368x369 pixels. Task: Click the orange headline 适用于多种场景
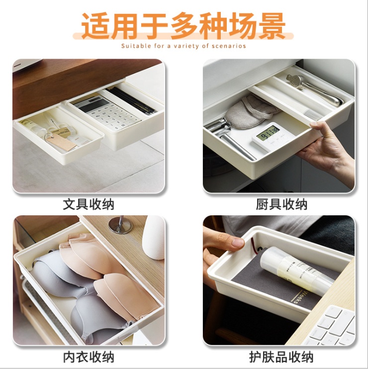(184, 25)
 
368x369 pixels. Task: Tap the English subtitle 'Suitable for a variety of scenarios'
(184, 46)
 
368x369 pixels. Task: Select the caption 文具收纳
(89, 204)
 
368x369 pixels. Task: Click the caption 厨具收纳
(281, 204)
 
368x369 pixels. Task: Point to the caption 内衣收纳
(89, 357)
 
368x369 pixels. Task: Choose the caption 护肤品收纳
(281, 357)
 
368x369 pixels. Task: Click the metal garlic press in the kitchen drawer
(313, 89)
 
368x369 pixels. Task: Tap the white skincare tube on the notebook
(297, 271)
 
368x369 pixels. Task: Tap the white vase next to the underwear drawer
(154, 238)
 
